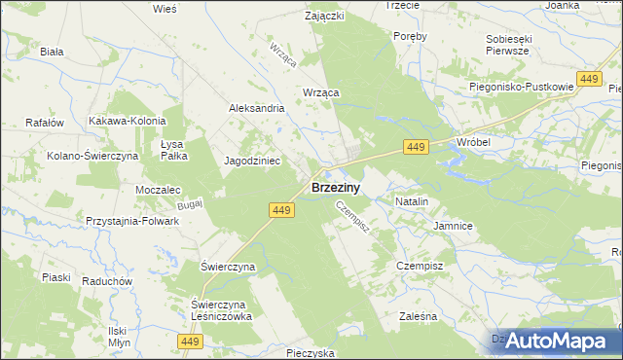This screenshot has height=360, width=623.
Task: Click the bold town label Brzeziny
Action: [x=338, y=188]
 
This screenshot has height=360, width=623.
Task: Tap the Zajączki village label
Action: [x=324, y=17]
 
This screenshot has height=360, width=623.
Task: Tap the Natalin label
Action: [x=412, y=200]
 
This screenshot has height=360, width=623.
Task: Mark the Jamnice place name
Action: [x=453, y=226]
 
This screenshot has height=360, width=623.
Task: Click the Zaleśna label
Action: [x=420, y=316]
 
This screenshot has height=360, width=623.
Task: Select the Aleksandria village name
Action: [x=256, y=109]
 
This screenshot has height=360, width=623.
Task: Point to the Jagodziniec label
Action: [x=253, y=161]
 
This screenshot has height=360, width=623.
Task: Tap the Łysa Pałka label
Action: [x=173, y=149]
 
